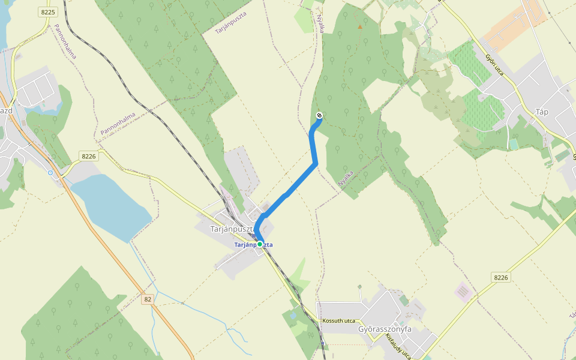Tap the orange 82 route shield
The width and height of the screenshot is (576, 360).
pyautogui.click(x=148, y=298)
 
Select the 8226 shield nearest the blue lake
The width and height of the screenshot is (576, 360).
pyautogui.click(x=89, y=157)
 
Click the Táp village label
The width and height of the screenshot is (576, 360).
pyautogui.click(x=542, y=112)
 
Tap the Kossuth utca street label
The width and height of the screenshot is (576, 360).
pyautogui.click(x=338, y=321)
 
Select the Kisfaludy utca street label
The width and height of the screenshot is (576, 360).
pyautogui.click(x=398, y=347)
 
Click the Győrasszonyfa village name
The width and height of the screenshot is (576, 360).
pyautogui.click(x=384, y=329)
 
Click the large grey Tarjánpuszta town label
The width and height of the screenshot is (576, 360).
pyautogui.click(x=232, y=229)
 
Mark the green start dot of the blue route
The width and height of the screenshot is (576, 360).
pyautogui.click(x=260, y=244)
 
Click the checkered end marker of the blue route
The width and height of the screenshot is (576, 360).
pyautogui.click(x=319, y=115)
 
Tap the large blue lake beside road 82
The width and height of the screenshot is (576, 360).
pyautogui.click(x=111, y=204)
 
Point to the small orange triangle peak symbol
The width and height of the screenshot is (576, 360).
pyautogui.click(x=360, y=26)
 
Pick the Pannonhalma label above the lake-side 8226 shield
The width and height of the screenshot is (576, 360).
pyautogui.click(x=118, y=123)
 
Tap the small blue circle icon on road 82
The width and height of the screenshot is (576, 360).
pyautogui.click(x=50, y=173)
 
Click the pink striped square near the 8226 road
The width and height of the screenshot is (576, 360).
pyautogui.click(x=463, y=292)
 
